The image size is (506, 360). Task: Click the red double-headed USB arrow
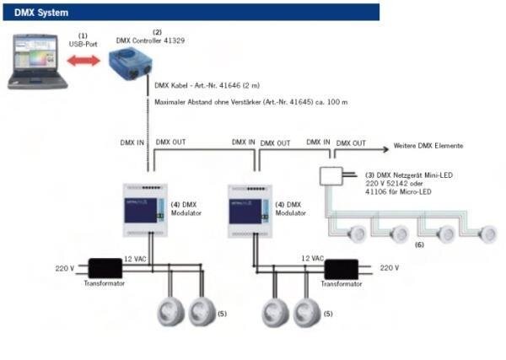(x=85, y=61)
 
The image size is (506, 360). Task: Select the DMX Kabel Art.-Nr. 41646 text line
(x=207, y=85)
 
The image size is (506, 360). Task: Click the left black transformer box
(x=105, y=268)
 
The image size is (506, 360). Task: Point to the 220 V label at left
(x=65, y=268)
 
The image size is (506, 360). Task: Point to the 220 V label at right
(x=389, y=267)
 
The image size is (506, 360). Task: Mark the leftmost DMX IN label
(x=132, y=142)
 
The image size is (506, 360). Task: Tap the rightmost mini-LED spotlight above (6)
(x=487, y=233)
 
